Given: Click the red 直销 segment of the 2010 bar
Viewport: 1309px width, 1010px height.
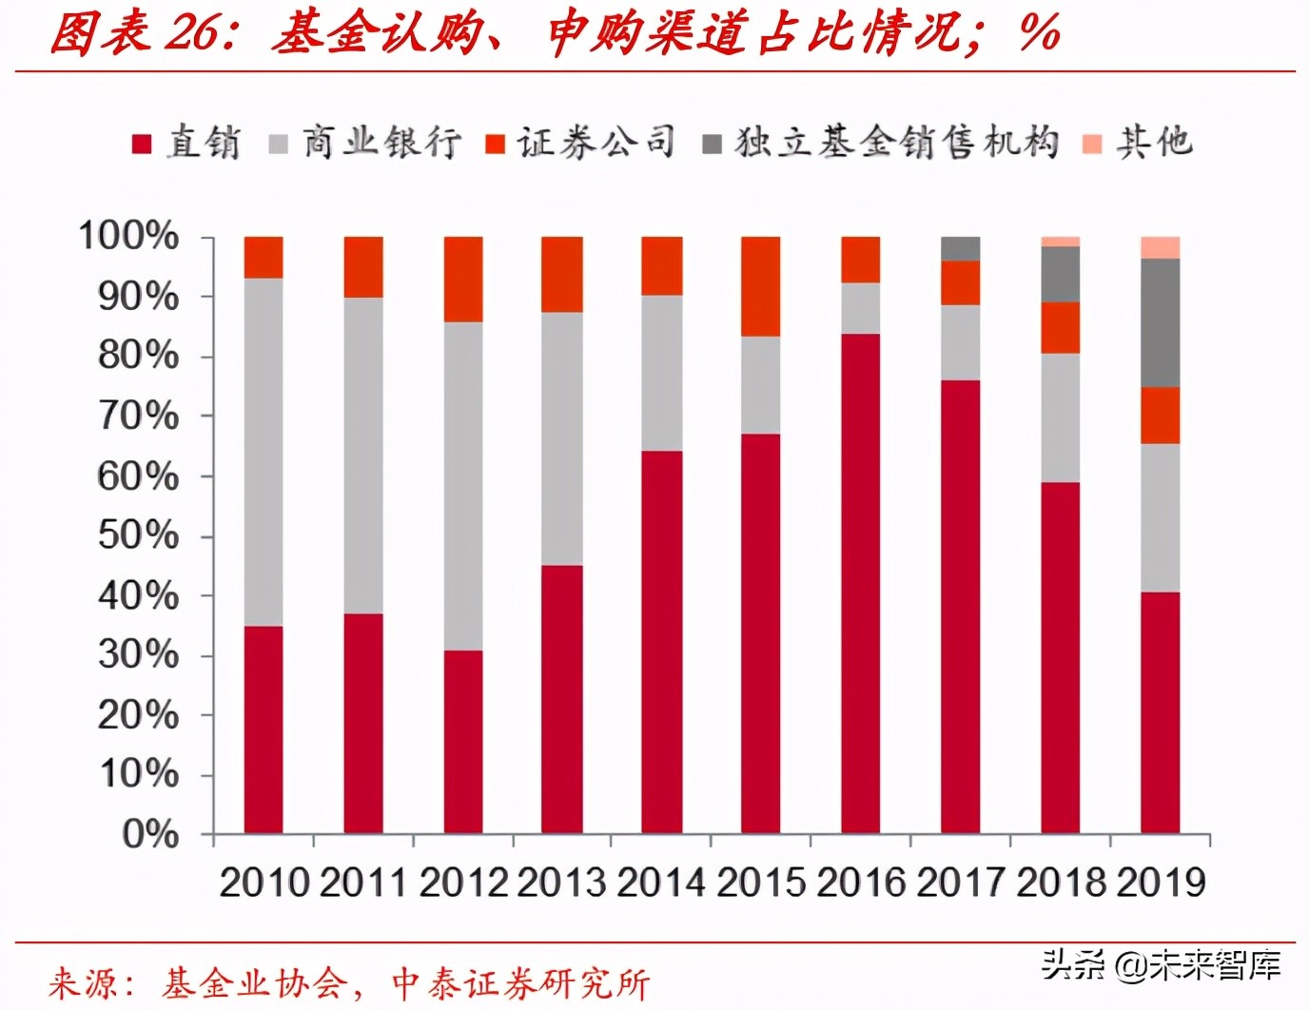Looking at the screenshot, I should pos(264,729).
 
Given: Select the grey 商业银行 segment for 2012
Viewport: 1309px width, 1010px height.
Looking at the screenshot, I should pos(463,486).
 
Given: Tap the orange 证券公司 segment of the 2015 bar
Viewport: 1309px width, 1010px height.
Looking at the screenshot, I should pos(761,286).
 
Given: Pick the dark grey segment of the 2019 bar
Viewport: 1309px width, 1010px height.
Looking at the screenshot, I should pos(1160,323).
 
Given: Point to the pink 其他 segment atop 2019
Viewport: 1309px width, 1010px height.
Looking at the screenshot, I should pos(1160,247).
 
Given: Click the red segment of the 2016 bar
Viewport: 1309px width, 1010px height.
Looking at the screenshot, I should pos(861,583).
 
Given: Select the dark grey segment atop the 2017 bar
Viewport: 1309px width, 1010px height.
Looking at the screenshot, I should pos(961,248).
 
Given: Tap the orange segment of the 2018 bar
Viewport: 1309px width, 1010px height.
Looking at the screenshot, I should pos(1061,328).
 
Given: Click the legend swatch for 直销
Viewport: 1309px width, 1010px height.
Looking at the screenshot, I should pos(142,144).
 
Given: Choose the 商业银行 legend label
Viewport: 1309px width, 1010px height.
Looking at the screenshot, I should pos(381,143).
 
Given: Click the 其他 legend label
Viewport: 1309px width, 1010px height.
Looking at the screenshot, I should pos(1154,143).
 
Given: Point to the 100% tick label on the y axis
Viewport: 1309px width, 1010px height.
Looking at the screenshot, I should pos(128,236).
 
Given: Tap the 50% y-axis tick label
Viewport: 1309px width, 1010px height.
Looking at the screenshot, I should pos(138,535).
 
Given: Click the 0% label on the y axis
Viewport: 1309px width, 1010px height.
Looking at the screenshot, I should pos(150,835).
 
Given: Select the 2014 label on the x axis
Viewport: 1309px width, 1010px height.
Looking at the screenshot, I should pos(661,883).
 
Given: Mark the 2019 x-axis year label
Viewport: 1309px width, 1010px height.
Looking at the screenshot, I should pos(1161,883).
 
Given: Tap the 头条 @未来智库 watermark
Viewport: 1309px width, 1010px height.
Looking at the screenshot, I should pos(1161,965).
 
